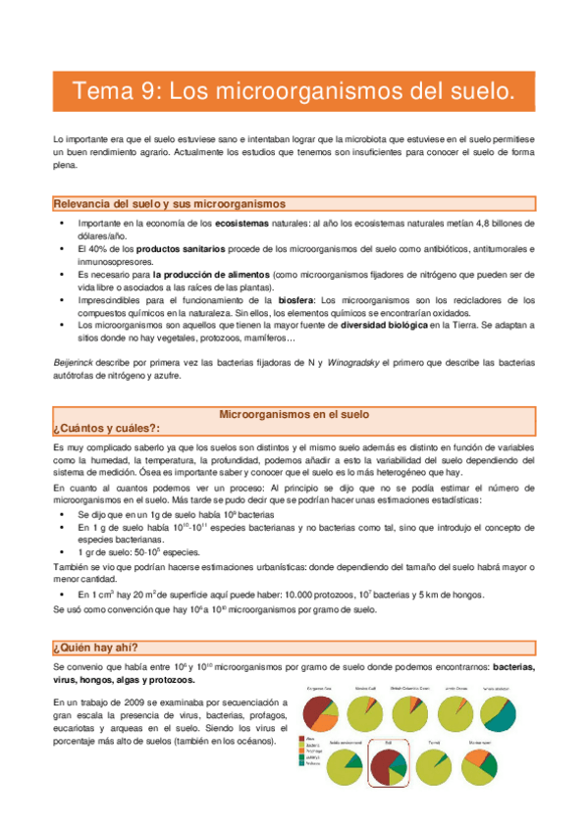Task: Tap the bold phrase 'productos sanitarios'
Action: (178, 249)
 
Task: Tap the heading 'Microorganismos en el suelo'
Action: (294, 415)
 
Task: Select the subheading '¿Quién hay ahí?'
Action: (95, 647)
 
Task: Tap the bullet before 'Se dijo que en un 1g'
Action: (64, 514)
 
